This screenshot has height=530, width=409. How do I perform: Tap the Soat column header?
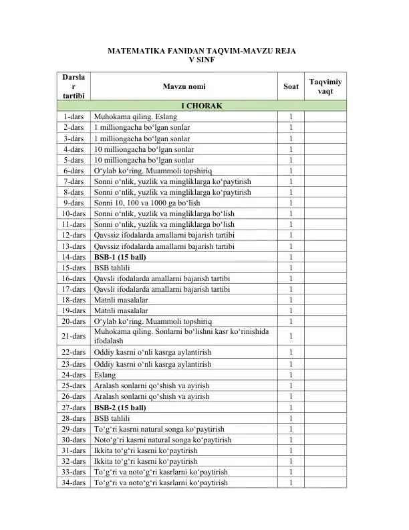point(291,86)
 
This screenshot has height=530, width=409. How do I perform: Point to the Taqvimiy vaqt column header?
point(325,86)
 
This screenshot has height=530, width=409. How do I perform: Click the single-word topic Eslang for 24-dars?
point(105,375)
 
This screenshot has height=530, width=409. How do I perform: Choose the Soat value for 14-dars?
point(291,257)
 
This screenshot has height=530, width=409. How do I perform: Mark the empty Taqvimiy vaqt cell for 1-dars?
point(325,116)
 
